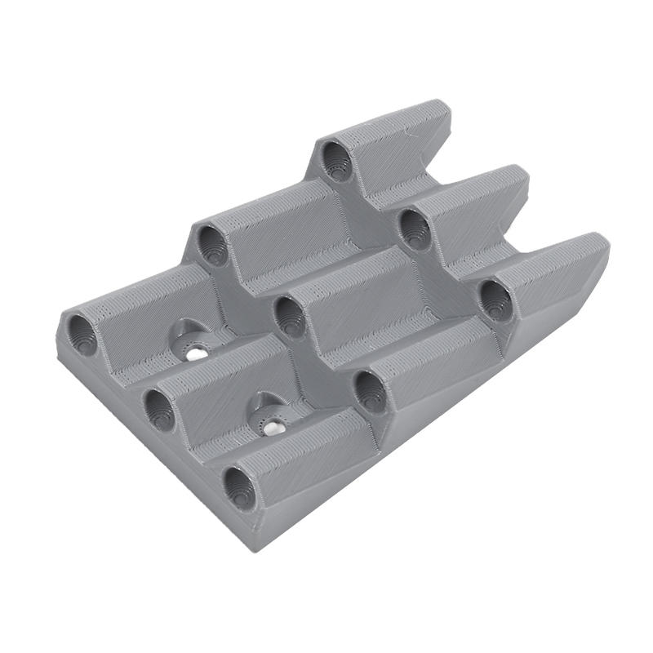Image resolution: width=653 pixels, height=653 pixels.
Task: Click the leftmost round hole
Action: click(x=82, y=335)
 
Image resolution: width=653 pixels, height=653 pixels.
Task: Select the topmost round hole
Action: click(x=335, y=159)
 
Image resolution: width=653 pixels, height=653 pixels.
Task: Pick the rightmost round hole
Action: click(x=495, y=300)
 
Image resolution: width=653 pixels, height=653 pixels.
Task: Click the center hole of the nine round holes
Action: click(x=288, y=316)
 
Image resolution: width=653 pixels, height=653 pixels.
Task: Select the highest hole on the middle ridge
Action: click(x=415, y=229)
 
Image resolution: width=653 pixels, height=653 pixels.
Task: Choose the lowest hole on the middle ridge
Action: click(x=159, y=408)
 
